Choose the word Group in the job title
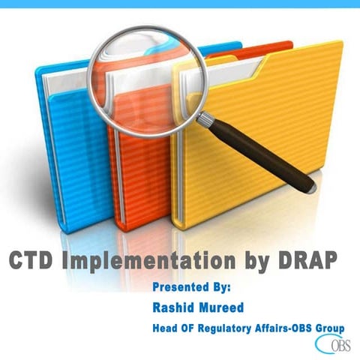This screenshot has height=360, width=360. click(x=330, y=327)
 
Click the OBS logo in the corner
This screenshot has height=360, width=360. click(x=334, y=346)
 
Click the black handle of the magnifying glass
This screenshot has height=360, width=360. click(x=259, y=154)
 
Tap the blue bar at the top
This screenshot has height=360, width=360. click(x=180, y=3)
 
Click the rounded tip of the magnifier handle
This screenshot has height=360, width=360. click(x=309, y=186)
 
